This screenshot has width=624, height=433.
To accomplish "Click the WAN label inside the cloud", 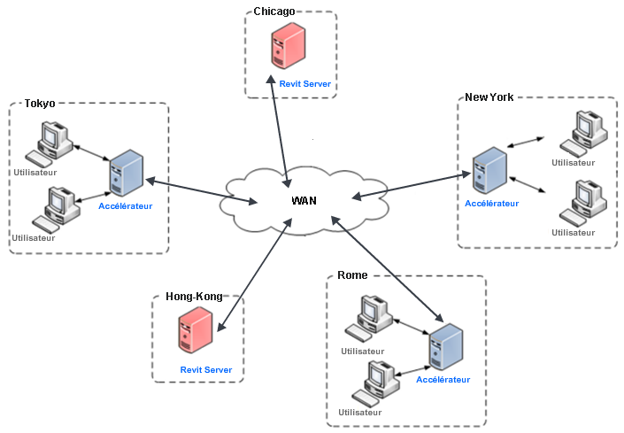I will [304, 201].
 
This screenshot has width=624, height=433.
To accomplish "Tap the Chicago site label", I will [273, 12].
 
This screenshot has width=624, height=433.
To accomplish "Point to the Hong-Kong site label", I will [194, 298].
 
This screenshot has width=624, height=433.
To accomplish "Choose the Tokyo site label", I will [40, 104].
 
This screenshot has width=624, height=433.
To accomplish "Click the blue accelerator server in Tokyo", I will [125, 174].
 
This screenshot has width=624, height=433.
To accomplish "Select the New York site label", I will [489, 97].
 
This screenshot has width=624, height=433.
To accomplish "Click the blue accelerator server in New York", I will [489, 171].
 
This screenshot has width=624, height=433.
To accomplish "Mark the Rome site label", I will [352, 276].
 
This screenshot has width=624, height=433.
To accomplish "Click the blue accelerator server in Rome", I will [445, 348].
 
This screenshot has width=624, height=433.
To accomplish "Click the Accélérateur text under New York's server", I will [492, 204].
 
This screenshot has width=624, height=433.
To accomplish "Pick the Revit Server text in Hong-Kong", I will [206, 370].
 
